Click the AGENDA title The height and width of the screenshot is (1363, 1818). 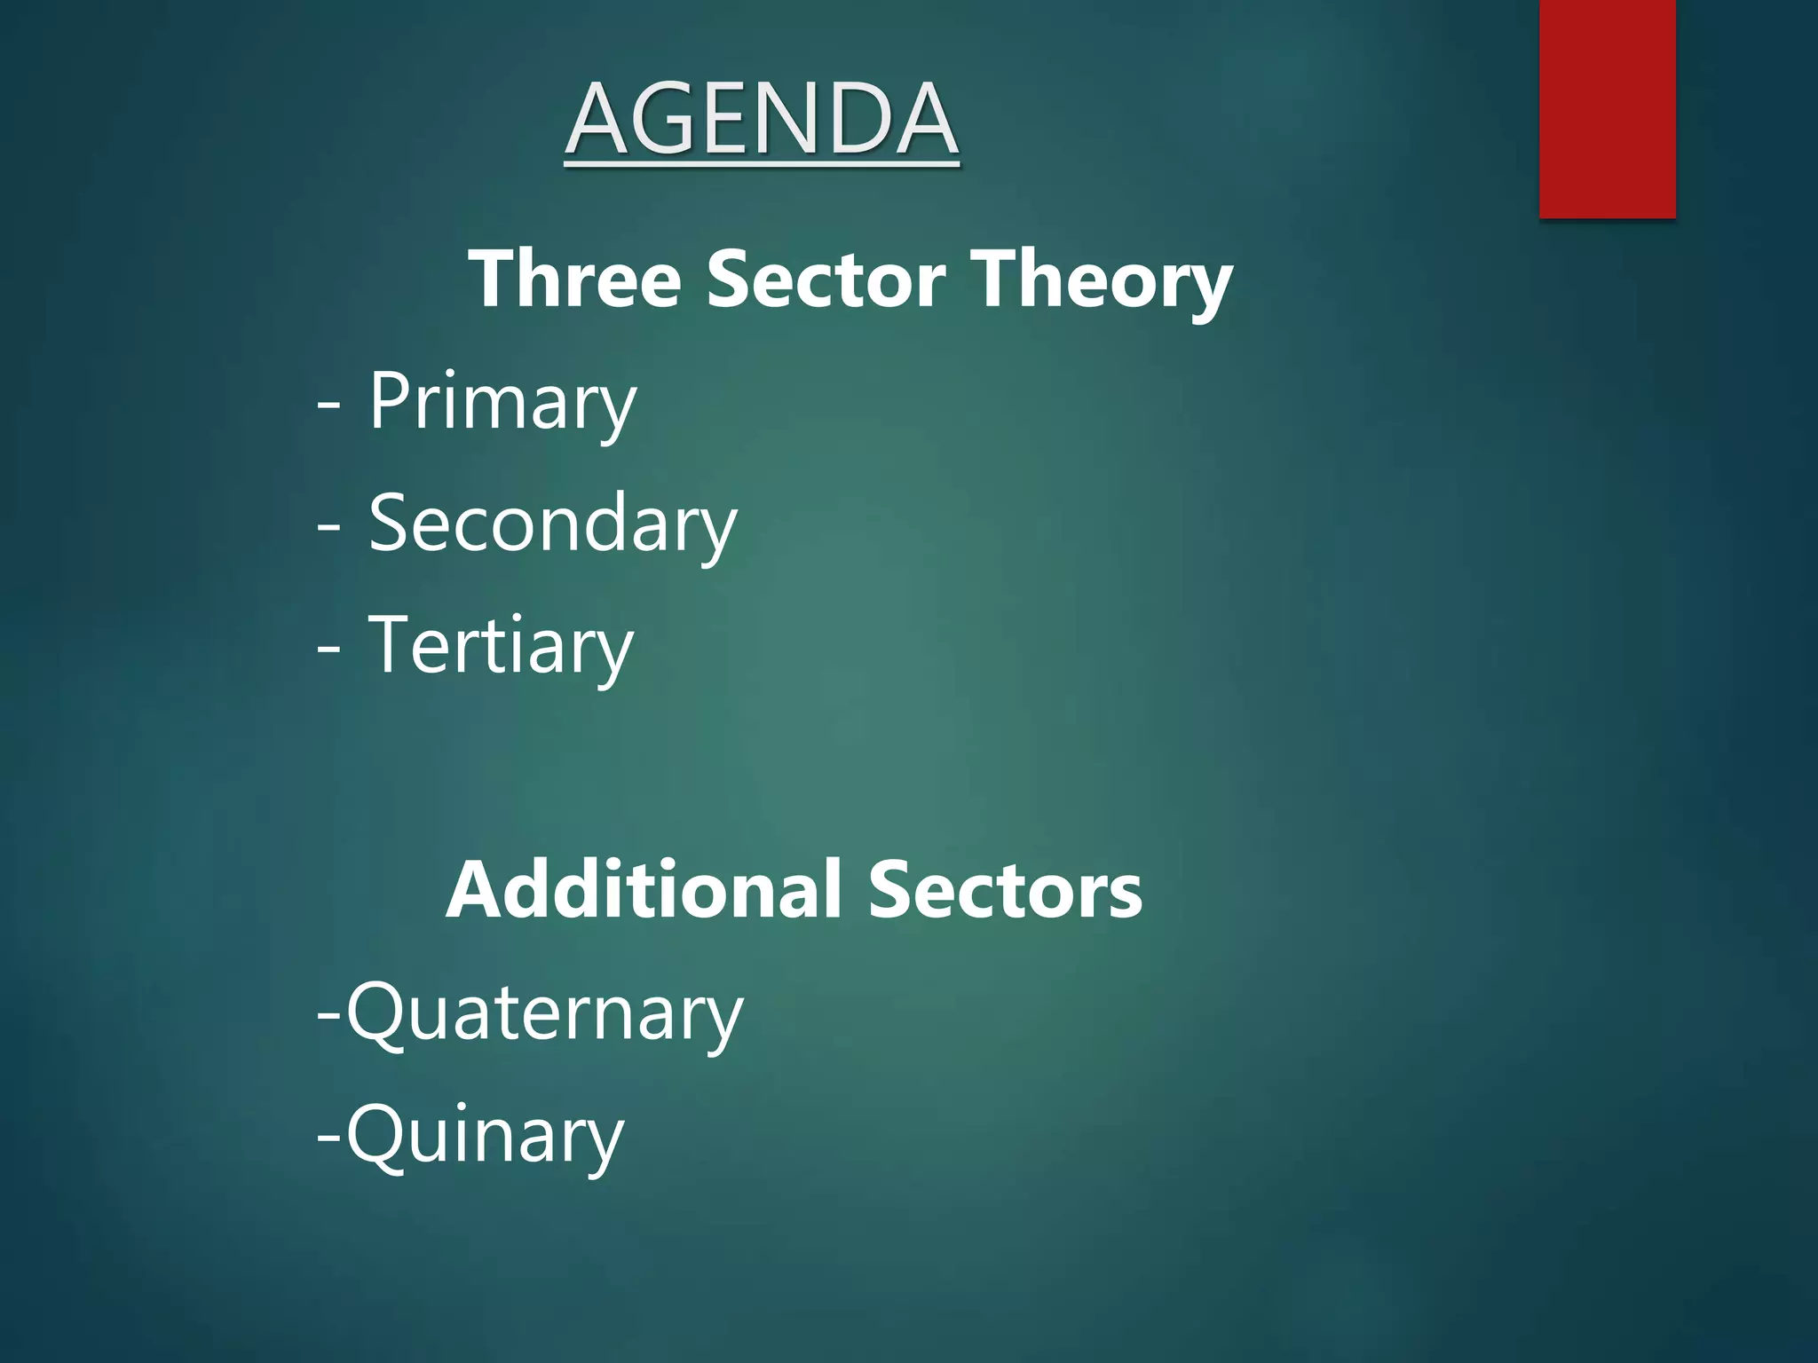click(x=762, y=119)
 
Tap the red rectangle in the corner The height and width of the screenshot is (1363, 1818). click(x=1607, y=108)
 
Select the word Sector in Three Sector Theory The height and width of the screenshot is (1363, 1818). click(x=826, y=279)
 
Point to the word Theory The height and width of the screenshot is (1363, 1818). click(x=1101, y=282)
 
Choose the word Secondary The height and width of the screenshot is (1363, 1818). click(x=552, y=524)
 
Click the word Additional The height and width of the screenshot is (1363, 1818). click(x=644, y=890)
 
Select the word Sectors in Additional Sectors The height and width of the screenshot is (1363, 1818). click(x=1005, y=890)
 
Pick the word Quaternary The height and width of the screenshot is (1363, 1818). click(x=544, y=1014)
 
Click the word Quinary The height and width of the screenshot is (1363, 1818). click(x=485, y=1137)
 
